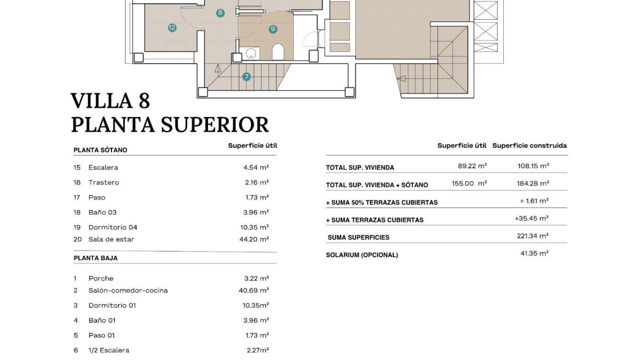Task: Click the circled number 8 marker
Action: pyautogui.click(x=220, y=13)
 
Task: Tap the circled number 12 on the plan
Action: pyautogui.click(x=172, y=28)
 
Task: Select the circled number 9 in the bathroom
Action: pyautogui.click(x=273, y=29)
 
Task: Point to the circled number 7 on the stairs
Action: pyautogui.click(x=246, y=76)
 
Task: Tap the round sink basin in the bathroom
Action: pyautogui.click(x=250, y=52)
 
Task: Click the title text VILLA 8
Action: pyautogui.click(x=110, y=101)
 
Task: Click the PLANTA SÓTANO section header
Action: pyautogui.click(x=100, y=150)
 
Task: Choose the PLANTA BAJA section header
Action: pyautogui.click(x=96, y=258)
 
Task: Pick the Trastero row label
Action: pyautogui.click(x=104, y=182)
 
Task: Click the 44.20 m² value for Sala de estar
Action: pyautogui.click(x=254, y=240)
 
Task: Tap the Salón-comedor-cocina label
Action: pyautogui.click(x=128, y=290)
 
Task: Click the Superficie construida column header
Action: pyautogui.click(x=529, y=146)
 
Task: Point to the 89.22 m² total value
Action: pyautogui.click(x=472, y=166)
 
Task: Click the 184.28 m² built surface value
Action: pyautogui.click(x=533, y=183)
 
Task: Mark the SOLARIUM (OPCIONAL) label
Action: pyautogui.click(x=362, y=255)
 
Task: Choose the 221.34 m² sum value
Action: pyautogui.click(x=533, y=236)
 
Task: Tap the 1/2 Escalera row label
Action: pyautogui.click(x=109, y=350)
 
